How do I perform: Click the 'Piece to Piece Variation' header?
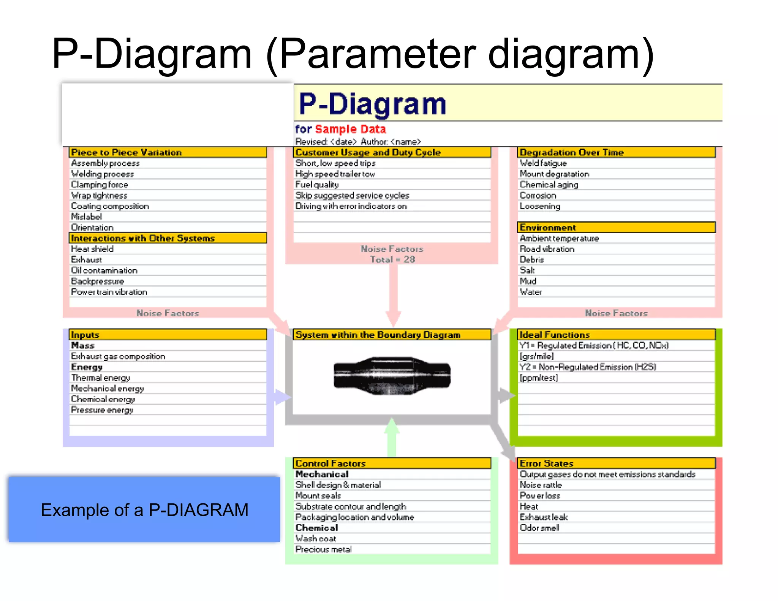point(127,152)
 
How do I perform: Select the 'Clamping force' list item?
point(100,185)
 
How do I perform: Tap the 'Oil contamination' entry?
point(104,270)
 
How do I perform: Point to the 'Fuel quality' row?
point(317,185)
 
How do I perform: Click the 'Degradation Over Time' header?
point(571,152)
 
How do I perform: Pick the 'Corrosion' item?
point(538,195)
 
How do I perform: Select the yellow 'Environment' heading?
point(547,228)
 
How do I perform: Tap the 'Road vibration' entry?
point(547,249)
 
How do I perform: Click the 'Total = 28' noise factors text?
point(392,259)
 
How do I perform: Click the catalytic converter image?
point(392,375)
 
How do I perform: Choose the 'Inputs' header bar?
point(85,335)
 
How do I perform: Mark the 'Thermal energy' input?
point(100,378)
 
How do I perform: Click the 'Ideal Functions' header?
point(554,335)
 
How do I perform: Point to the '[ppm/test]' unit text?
point(538,378)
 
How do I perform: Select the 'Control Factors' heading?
point(330,463)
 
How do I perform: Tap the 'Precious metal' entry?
point(323,549)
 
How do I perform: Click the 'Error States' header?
point(546,463)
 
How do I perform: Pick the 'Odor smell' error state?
point(539,528)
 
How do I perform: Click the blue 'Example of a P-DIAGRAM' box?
point(144,510)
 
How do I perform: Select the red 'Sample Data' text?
point(350,129)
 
